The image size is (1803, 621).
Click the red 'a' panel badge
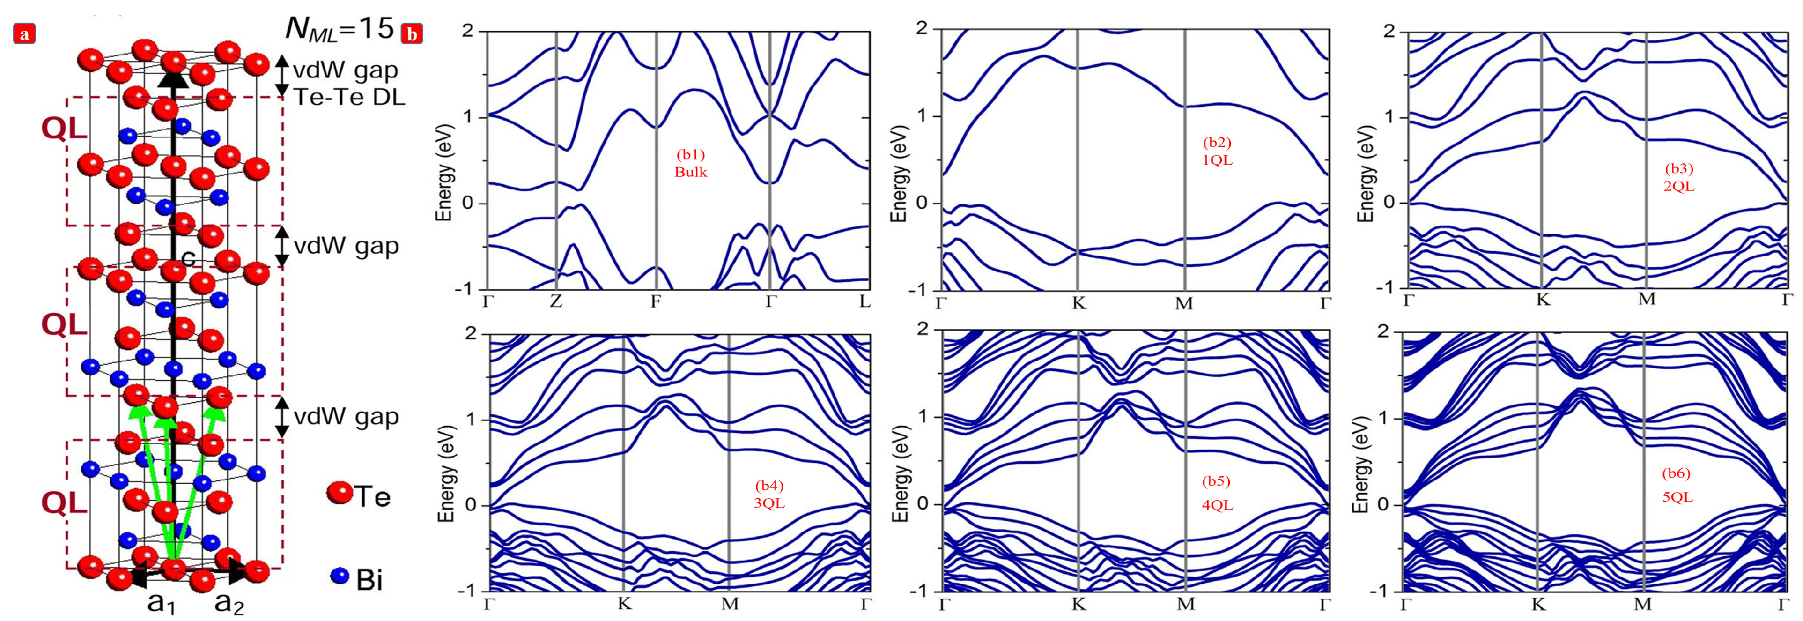click(x=24, y=34)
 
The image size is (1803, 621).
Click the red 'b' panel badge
click(x=412, y=34)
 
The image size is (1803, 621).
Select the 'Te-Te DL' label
click(x=349, y=97)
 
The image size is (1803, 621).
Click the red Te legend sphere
click(x=340, y=493)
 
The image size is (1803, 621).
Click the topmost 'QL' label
click(x=64, y=129)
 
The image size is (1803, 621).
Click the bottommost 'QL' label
click(x=64, y=503)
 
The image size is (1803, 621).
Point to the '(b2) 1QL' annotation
click(x=1217, y=151)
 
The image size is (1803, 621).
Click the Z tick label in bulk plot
click(x=556, y=302)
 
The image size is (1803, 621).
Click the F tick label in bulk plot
click(x=655, y=302)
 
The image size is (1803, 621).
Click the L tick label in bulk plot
click(x=865, y=302)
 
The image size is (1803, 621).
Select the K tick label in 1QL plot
click(x=1079, y=303)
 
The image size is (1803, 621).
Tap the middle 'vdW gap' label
click(x=346, y=246)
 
